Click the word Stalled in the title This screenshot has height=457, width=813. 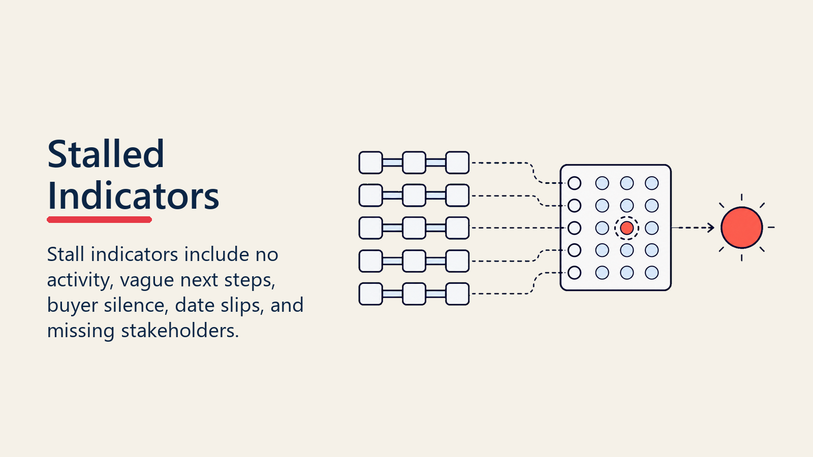point(106,154)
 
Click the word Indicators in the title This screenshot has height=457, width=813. point(133,196)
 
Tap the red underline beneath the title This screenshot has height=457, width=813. point(99,219)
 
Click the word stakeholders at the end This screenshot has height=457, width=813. point(180,331)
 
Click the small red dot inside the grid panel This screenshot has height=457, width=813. point(627,228)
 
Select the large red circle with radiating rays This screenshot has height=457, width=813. point(741,228)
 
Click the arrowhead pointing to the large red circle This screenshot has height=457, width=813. point(711,228)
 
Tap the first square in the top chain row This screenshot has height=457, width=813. point(370,162)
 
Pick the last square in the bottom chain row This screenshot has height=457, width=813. point(457,294)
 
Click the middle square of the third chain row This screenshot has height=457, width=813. point(414,228)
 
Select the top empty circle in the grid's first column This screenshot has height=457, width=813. point(574,183)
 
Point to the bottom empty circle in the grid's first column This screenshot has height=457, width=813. point(574,273)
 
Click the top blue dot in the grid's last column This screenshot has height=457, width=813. point(652,183)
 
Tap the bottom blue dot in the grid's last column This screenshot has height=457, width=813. point(652,273)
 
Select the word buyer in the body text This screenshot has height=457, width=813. point(73,305)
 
